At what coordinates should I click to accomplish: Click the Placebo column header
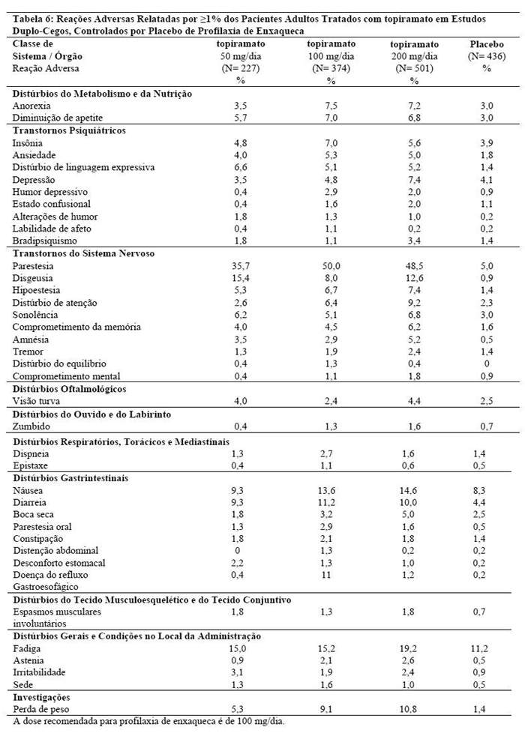click(x=486, y=44)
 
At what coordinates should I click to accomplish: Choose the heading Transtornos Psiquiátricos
click(x=67, y=130)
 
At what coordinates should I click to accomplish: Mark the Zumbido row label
click(x=30, y=426)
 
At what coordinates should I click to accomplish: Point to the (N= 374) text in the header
click(x=331, y=68)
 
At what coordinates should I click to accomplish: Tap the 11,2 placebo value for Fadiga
click(x=486, y=648)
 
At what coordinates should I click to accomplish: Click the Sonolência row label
click(x=34, y=315)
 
